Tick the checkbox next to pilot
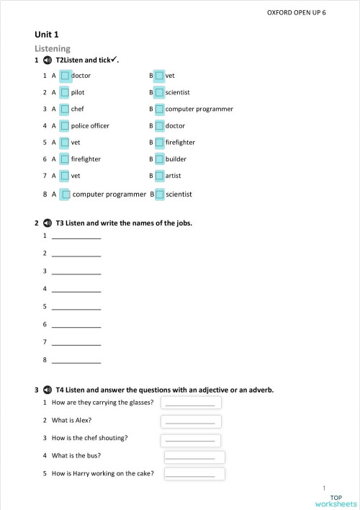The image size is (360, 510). [65, 92]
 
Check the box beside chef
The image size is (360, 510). [65, 109]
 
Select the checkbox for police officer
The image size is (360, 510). [65, 125]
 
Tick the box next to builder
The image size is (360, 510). [159, 158]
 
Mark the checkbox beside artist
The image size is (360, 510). [159, 175]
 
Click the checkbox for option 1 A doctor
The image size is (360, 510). [65, 76]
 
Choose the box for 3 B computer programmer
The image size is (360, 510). [159, 109]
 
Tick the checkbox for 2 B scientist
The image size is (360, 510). [159, 92]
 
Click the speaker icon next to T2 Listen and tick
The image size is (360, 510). [48, 61]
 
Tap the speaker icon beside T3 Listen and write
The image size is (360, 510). [48, 223]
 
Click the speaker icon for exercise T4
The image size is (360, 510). [48, 390]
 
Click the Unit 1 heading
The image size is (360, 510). [47, 34]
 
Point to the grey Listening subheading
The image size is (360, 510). [53, 48]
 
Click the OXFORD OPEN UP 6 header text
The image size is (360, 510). [297, 13]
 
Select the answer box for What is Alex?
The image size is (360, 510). [191, 421]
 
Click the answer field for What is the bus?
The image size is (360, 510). [194, 457]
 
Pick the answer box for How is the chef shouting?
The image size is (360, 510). [191, 439]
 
